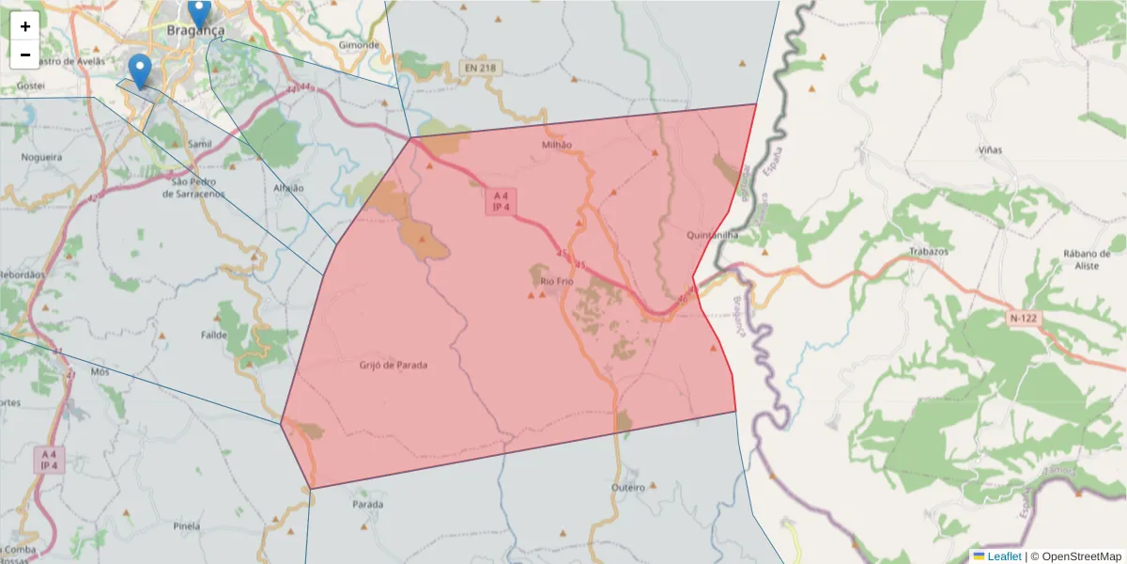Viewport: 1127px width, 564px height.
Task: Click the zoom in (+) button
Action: tap(25, 26)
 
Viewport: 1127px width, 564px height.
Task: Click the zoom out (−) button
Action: tap(25, 55)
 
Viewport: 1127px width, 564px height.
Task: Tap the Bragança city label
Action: tap(195, 30)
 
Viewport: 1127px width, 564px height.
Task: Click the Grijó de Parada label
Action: tap(393, 365)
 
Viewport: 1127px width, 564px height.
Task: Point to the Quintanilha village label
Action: tap(713, 235)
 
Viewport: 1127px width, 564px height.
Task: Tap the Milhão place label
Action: tap(557, 145)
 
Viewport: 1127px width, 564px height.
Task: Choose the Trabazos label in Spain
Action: tap(929, 252)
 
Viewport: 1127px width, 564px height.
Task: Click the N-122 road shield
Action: tap(1024, 319)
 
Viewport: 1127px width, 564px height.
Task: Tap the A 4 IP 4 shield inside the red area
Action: tap(500, 201)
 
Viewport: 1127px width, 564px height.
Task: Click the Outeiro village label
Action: tap(627, 488)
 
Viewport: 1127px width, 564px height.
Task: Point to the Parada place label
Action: tap(367, 505)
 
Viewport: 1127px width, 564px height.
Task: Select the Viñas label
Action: tap(990, 150)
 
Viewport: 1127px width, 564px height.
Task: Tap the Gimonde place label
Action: tap(359, 44)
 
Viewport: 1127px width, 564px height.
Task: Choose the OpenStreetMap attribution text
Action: tap(1081, 556)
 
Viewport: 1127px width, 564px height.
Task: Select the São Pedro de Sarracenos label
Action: tap(193, 187)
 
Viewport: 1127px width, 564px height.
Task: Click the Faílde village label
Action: tap(215, 335)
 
